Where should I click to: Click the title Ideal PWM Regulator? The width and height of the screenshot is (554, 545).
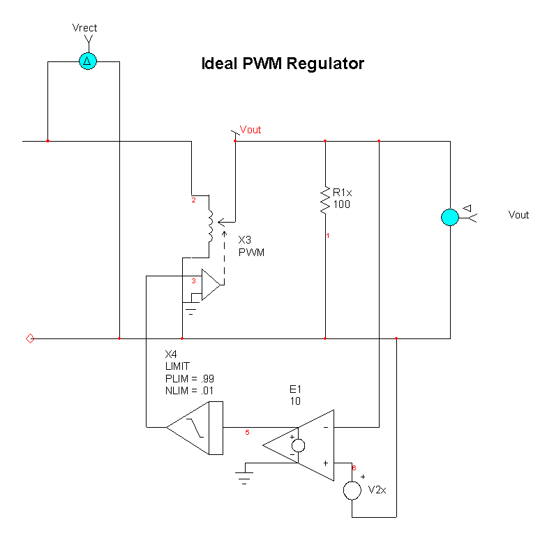(x=283, y=64)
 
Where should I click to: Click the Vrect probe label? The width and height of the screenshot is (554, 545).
(x=84, y=28)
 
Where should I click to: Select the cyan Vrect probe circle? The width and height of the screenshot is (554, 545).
(x=87, y=61)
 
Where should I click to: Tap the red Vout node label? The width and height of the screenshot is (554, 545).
(x=250, y=130)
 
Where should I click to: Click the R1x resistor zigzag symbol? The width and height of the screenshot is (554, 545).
(x=325, y=199)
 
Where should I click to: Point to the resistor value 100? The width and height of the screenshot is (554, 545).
(x=341, y=204)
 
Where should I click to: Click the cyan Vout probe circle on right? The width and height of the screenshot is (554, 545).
(x=450, y=216)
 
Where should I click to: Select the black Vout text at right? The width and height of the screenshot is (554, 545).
(x=518, y=215)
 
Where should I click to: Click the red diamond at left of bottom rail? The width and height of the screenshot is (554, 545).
(x=30, y=338)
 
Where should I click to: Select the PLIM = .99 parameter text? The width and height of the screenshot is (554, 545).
(x=189, y=378)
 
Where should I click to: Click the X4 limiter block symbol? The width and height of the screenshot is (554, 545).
(x=195, y=427)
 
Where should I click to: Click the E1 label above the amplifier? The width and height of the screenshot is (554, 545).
(x=295, y=389)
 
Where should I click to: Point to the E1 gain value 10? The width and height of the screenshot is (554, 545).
(x=294, y=401)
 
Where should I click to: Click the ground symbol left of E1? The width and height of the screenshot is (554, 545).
(x=244, y=477)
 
